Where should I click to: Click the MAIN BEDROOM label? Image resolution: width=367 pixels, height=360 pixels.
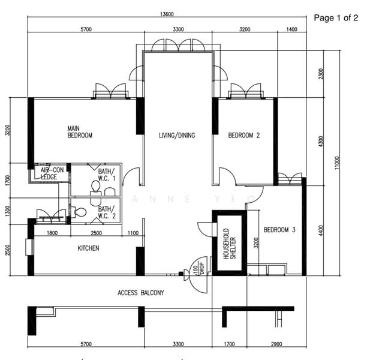pos(80,132)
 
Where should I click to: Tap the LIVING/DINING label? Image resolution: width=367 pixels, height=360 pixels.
pos(177,136)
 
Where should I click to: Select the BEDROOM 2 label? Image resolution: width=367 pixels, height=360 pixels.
pos(244,136)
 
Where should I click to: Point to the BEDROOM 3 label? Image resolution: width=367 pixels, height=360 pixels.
pos(279,230)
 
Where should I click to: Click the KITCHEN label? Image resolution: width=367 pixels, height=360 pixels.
pos(88,248)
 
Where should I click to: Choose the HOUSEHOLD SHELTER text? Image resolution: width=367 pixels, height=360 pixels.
pos(230,244)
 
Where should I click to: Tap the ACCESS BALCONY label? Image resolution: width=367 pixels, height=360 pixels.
pos(141,293)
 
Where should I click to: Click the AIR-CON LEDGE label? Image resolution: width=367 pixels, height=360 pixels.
pos(52,173)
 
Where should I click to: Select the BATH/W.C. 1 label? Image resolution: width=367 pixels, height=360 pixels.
pos(107,175)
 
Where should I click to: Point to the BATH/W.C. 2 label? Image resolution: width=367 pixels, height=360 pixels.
pos(107,212)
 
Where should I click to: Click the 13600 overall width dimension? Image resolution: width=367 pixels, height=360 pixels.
pos(167,14)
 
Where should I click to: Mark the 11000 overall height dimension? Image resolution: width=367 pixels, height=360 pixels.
pos(337,163)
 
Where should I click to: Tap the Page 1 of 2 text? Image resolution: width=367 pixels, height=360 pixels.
pos(336,18)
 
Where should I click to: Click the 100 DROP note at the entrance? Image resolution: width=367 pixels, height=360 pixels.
pos(198,268)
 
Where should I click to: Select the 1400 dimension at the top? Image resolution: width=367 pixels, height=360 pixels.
pos(291,29)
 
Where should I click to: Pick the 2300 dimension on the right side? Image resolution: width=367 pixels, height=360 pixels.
pos(321,74)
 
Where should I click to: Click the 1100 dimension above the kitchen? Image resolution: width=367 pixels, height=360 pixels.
pos(133,233)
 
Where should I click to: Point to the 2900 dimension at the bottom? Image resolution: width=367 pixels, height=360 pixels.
pos(276,344)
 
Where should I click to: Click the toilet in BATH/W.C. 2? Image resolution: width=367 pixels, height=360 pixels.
pos(79,212)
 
